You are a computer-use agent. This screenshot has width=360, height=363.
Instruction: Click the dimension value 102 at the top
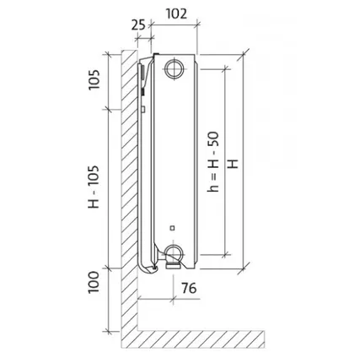[x=176, y=14]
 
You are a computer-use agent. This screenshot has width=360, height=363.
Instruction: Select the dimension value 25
[x=138, y=25]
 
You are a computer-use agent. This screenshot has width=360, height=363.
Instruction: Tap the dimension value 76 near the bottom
[x=189, y=288]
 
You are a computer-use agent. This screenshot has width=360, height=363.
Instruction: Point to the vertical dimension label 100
[x=94, y=282]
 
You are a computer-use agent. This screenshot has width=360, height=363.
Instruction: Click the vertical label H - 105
[x=94, y=187]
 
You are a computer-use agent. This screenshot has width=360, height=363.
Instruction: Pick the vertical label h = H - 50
[x=212, y=162]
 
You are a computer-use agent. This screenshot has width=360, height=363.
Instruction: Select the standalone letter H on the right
[x=233, y=164]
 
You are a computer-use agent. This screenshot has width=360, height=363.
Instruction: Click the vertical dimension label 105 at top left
[x=94, y=79]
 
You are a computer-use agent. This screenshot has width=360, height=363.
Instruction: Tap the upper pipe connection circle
[x=175, y=69]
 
